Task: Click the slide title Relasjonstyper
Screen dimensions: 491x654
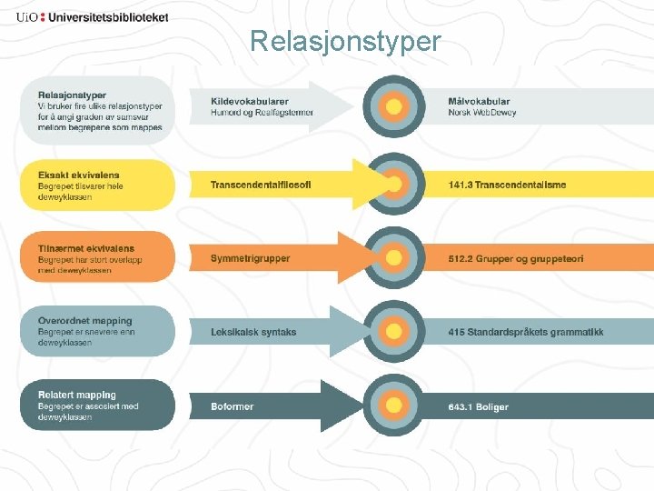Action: click(x=345, y=42)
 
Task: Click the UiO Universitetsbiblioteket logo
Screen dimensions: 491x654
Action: click(x=92, y=16)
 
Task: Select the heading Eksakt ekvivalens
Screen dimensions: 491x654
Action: click(x=79, y=175)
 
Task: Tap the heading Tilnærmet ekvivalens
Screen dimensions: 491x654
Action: click(x=86, y=248)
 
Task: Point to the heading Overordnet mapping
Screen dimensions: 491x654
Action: click(x=85, y=321)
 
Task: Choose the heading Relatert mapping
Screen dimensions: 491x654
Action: click(x=77, y=395)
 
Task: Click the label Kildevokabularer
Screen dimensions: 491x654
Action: click(x=250, y=102)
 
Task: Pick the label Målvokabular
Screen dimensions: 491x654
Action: click(x=480, y=102)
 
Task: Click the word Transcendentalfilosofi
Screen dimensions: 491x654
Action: click(x=261, y=185)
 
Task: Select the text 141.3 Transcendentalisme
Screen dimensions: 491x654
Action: click(x=507, y=185)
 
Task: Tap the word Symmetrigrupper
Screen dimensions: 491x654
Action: click(x=251, y=259)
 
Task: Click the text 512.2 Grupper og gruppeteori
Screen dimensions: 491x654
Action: click(x=516, y=259)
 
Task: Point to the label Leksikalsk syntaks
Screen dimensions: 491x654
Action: click(x=253, y=332)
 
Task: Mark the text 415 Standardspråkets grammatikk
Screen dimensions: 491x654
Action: click(x=526, y=332)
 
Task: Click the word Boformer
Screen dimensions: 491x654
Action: click(x=233, y=406)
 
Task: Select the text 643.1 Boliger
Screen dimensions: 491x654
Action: click(x=479, y=406)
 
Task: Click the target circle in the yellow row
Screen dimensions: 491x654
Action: click(x=394, y=184)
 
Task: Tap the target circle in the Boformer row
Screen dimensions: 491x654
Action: click(x=394, y=405)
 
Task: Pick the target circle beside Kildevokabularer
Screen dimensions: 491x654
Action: click(x=394, y=107)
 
